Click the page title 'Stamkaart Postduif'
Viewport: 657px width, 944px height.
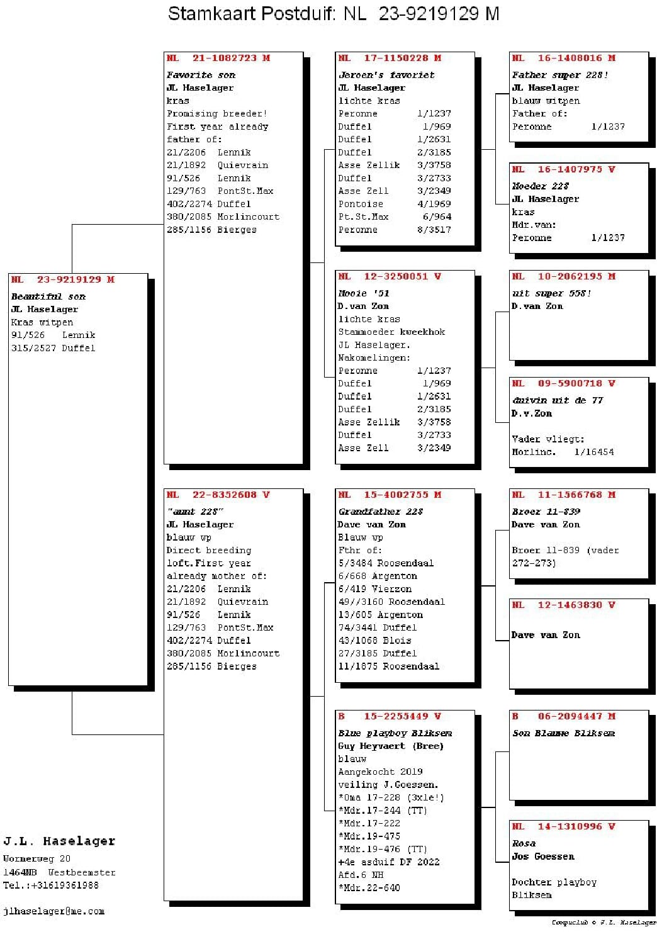tap(252, 13)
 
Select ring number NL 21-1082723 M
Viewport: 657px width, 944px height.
tap(218, 58)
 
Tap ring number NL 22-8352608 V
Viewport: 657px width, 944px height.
tap(218, 495)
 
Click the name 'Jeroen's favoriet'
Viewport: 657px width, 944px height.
tap(386, 75)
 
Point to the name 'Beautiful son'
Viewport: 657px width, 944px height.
tap(48, 296)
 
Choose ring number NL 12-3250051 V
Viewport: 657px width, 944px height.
tap(390, 276)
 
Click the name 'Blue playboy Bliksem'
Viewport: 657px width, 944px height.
tap(395, 733)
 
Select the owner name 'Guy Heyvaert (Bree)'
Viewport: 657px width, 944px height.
tap(391, 746)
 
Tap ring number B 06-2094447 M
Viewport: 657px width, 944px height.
tap(564, 716)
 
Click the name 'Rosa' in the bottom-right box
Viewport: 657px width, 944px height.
tap(524, 843)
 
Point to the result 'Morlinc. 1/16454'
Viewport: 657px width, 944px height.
tap(563, 452)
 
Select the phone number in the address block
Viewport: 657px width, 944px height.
tap(51, 885)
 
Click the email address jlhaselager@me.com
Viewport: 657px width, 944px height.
tap(53, 911)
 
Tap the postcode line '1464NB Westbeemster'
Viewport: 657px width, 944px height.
tap(59, 872)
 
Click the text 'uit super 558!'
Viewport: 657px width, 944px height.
tap(551, 293)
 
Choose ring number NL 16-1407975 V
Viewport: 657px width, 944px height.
tap(564, 169)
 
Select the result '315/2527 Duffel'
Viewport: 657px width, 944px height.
tap(53, 348)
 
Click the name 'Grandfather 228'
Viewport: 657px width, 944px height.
tap(381, 512)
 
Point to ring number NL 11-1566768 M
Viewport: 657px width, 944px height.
tap(564, 495)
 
